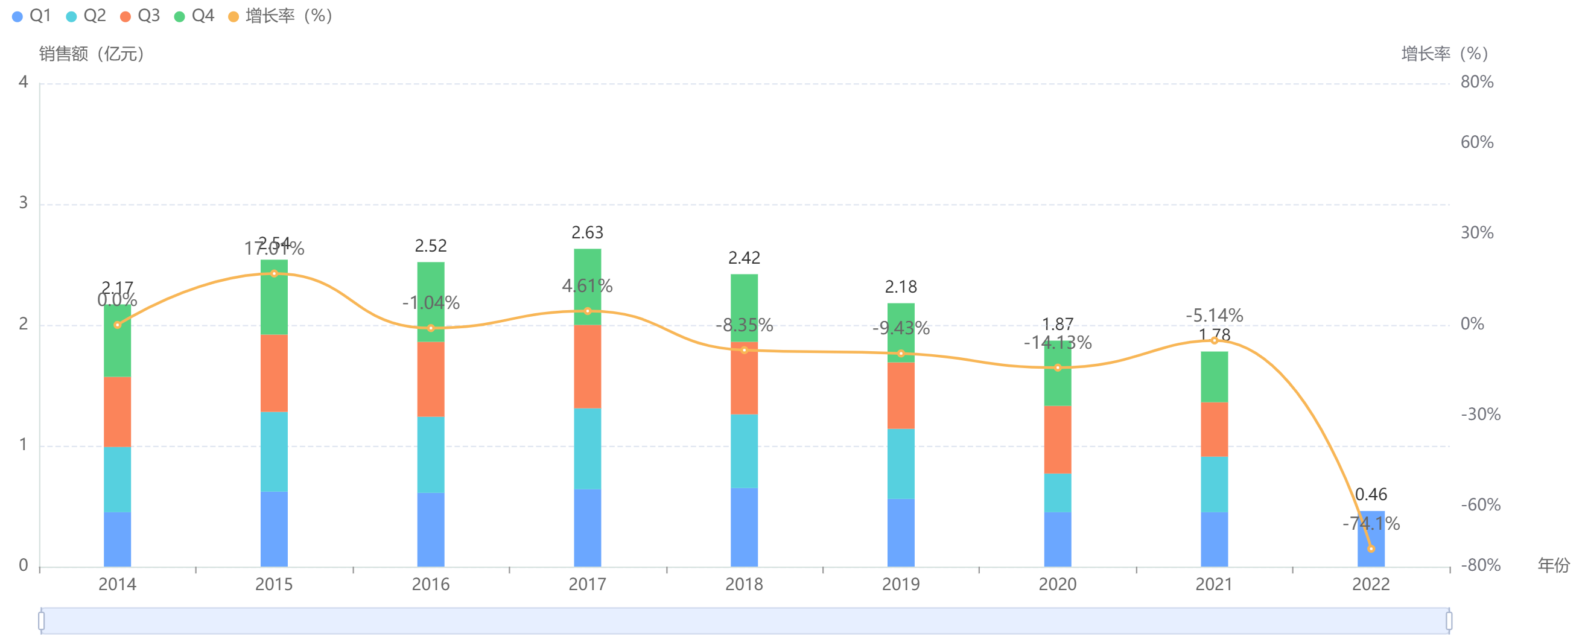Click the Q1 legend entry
[x=32, y=16]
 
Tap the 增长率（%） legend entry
[x=280, y=16]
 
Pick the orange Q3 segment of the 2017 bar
[x=587, y=366]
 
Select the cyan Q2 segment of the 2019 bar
[x=900, y=463]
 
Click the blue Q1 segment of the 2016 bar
[x=431, y=529]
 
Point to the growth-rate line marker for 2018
[x=745, y=350]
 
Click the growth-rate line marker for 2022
[x=1371, y=548]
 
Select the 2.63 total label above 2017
[x=587, y=233]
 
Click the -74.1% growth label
[x=1371, y=524]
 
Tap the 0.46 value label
[x=1371, y=495]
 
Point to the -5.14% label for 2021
[x=1214, y=316]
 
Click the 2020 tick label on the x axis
[x=1057, y=584]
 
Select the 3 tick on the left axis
[x=24, y=203]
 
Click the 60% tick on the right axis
[x=1476, y=142]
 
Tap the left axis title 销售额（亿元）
[x=92, y=54]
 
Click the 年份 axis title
[x=1552, y=565]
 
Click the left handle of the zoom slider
[x=41, y=621]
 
